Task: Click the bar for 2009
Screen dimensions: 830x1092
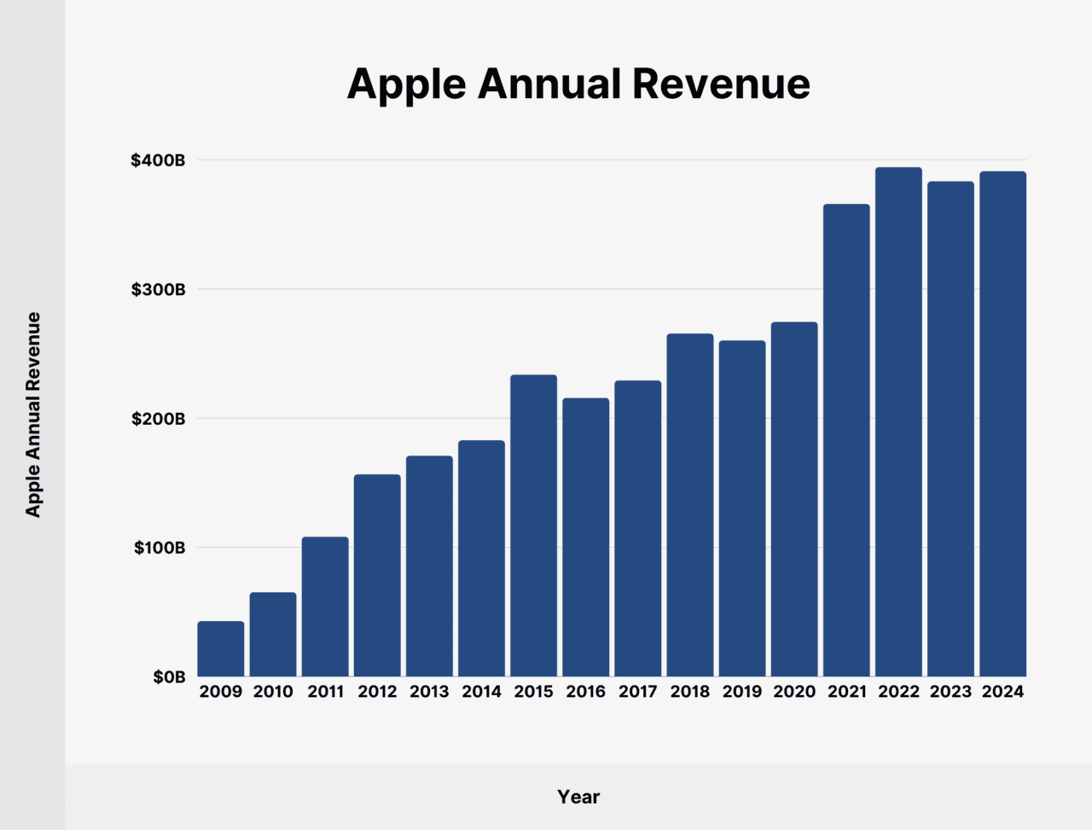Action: click(x=221, y=649)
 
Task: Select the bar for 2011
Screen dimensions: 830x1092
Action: click(x=325, y=607)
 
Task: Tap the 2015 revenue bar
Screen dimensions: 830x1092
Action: click(x=533, y=525)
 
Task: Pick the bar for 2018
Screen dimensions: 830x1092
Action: click(x=689, y=505)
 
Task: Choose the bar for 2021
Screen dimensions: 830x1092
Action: click(x=846, y=440)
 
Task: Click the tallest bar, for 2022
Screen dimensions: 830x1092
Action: click(x=898, y=422)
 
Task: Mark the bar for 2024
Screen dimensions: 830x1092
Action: click(x=1002, y=424)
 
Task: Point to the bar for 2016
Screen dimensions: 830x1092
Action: click(x=585, y=537)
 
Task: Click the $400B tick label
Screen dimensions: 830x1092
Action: click(x=158, y=160)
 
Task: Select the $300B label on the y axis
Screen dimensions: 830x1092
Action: click(x=158, y=290)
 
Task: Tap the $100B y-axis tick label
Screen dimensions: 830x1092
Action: click(x=159, y=548)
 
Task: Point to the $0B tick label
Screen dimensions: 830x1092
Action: click(x=169, y=677)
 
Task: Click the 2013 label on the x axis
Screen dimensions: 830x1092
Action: click(x=429, y=692)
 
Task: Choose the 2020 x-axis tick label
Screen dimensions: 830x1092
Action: click(x=794, y=692)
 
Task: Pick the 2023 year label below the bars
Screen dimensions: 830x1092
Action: click(x=950, y=692)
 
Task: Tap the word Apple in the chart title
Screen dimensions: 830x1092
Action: click(x=407, y=84)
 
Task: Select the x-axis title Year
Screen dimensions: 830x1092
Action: click(x=578, y=797)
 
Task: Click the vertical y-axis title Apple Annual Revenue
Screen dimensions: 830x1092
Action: click(x=33, y=415)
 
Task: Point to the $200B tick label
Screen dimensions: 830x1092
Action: click(x=158, y=419)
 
